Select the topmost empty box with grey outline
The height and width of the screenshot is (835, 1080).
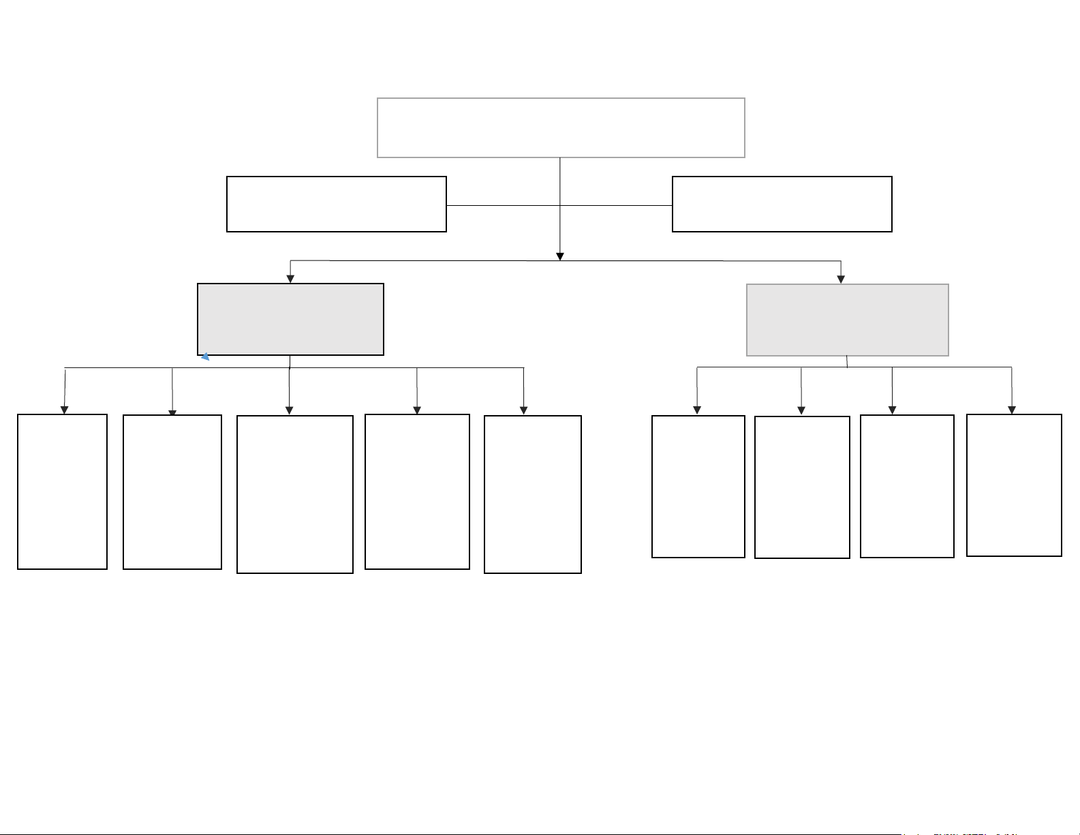click(x=561, y=127)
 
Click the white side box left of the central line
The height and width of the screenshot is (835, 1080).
click(x=337, y=204)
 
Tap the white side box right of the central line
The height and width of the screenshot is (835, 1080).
click(x=782, y=204)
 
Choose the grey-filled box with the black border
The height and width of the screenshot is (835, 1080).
click(x=290, y=319)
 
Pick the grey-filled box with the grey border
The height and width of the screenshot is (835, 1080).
click(x=848, y=320)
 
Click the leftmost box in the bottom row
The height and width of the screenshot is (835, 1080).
click(x=62, y=491)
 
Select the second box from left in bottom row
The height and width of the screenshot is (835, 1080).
click(x=172, y=492)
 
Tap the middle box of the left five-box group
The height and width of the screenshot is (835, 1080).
click(x=295, y=494)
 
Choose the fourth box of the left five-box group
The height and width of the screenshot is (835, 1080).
click(x=417, y=491)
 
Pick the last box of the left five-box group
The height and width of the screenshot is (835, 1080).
click(x=532, y=494)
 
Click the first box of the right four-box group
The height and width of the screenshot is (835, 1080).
click(x=698, y=487)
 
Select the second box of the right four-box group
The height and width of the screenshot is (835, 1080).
click(x=802, y=487)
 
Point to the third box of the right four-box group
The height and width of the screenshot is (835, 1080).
click(x=907, y=486)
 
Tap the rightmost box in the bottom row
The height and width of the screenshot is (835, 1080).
click(x=1014, y=485)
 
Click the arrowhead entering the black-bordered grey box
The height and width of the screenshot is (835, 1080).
click(x=290, y=279)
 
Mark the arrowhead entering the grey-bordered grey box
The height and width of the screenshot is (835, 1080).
click(x=841, y=279)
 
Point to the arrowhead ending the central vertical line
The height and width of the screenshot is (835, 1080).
click(x=560, y=256)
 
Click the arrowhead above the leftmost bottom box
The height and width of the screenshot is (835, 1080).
click(x=65, y=410)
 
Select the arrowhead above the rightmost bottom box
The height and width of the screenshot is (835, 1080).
click(x=1012, y=410)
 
